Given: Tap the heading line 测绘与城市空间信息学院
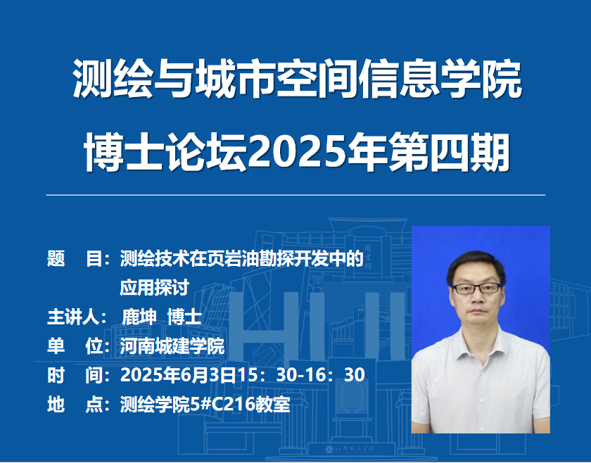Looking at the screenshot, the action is pyautogui.click(x=297, y=78).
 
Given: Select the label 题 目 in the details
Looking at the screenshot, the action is pyautogui.click(x=75, y=259).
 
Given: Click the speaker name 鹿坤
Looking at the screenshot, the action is pyautogui.click(x=139, y=317).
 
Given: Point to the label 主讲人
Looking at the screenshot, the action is pyautogui.click(x=72, y=317).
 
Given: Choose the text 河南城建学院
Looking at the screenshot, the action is pyautogui.click(x=172, y=345).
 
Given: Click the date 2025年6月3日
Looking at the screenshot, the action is pyautogui.click(x=178, y=375).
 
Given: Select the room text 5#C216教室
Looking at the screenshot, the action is pyautogui.click(x=240, y=404).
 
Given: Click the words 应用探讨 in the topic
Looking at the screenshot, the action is pyautogui.click(x=155, y=288).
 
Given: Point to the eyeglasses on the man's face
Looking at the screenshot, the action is pyautogui.click(x=477, y=288).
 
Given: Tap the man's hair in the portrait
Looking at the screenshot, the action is pyautogui.click(x=476, y=265).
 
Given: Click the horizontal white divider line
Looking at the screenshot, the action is pyautogui.click(x=295, y=195).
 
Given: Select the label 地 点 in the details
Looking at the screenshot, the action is pyautogui.click(x=75, y=404).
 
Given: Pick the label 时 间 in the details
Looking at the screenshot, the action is pyautogui.click(x=75, y=375).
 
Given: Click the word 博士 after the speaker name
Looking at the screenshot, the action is pyautogui.click(x=184, y=317).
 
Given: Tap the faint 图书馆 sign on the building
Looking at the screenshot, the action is pyautogui.click(x=367, y=255).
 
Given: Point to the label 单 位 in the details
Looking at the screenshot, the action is pyautogui.click(x=75, y=345).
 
